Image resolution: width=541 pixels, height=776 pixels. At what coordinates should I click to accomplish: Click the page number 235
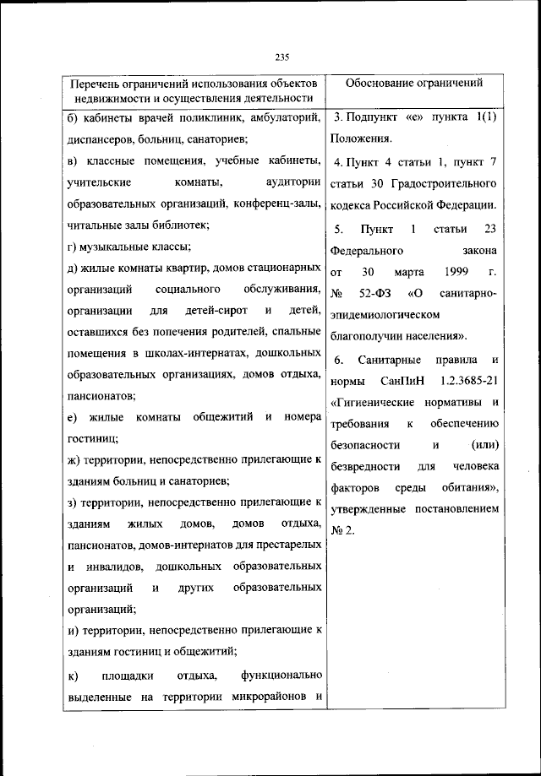[282, 57]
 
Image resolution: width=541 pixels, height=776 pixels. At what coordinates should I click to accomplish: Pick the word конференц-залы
[279, 203]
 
